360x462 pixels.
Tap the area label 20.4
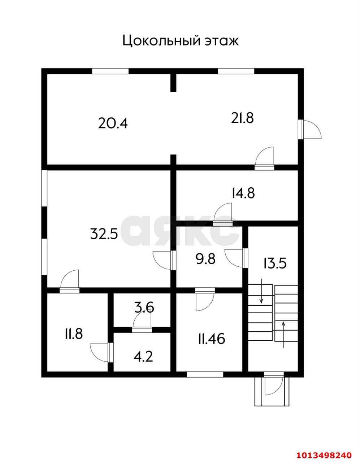[113, 123]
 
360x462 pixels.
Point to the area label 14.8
[243, 193]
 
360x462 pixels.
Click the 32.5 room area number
[104, 234]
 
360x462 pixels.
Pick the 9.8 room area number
[205, 259]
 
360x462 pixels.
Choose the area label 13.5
[275, 263]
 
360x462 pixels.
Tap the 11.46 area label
[211, 339]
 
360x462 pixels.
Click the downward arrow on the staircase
[261, 291]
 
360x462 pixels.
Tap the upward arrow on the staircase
[283, 335]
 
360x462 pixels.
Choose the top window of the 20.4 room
[110, 71]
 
